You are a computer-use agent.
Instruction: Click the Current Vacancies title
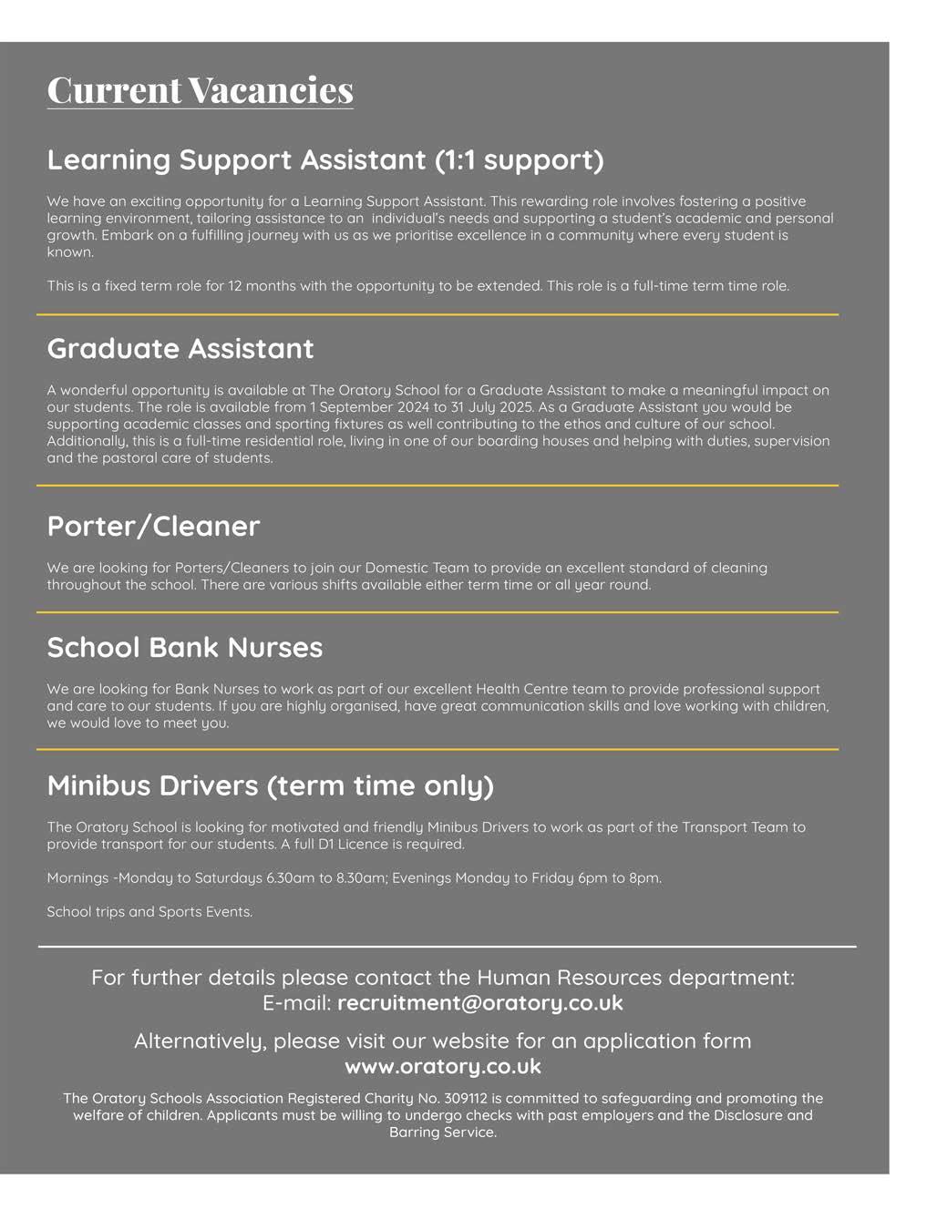pos(200,90)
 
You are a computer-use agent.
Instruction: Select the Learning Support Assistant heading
pos(324,159)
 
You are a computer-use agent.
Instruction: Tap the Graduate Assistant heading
pos(180,348)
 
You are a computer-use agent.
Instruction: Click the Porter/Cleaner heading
pos(153,526)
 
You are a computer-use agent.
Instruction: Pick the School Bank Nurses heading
pos(185,647)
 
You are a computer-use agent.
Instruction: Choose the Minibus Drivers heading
pos(270,784)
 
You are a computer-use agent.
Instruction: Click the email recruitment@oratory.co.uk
pos(480,1003)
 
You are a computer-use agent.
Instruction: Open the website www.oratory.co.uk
pos(443,1066)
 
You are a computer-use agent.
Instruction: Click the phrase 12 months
pos(270,286)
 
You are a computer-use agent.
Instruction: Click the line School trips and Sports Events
pos(149,912)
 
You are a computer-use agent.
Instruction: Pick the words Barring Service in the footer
pos(443,1133)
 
